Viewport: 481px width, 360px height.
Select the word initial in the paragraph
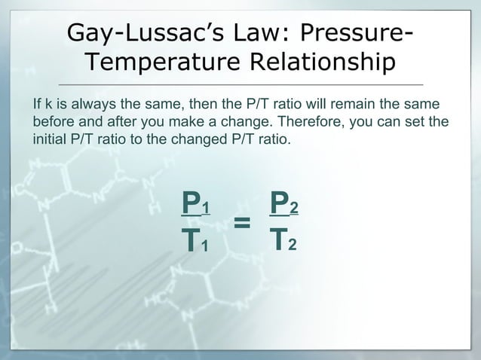coord(51,139)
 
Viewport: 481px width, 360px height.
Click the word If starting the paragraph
coord(37,103)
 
